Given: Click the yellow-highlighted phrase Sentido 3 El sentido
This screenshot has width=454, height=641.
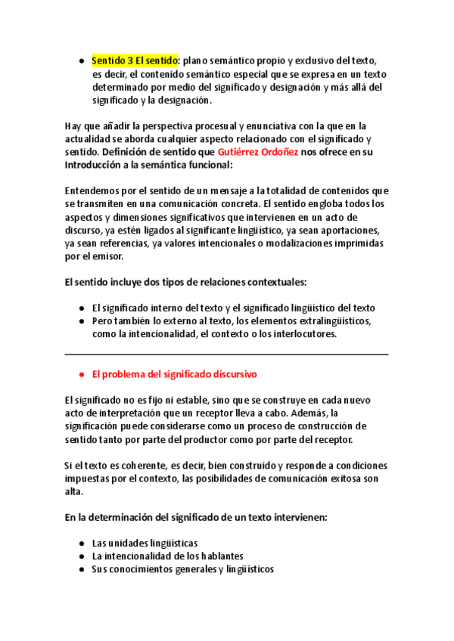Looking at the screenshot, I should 134,60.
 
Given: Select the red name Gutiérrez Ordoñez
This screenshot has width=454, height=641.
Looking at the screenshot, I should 257,151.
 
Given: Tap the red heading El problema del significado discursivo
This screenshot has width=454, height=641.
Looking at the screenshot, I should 174,373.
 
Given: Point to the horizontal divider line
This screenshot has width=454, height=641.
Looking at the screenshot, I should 227,354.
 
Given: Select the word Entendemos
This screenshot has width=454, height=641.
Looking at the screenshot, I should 95,190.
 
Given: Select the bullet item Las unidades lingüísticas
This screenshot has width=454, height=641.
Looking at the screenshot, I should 145,543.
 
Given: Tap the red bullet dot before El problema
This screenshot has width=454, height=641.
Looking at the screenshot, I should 81,374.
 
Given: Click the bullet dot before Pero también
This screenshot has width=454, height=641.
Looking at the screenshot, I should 81,321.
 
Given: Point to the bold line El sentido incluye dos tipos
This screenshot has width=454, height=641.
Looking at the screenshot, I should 186,282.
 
